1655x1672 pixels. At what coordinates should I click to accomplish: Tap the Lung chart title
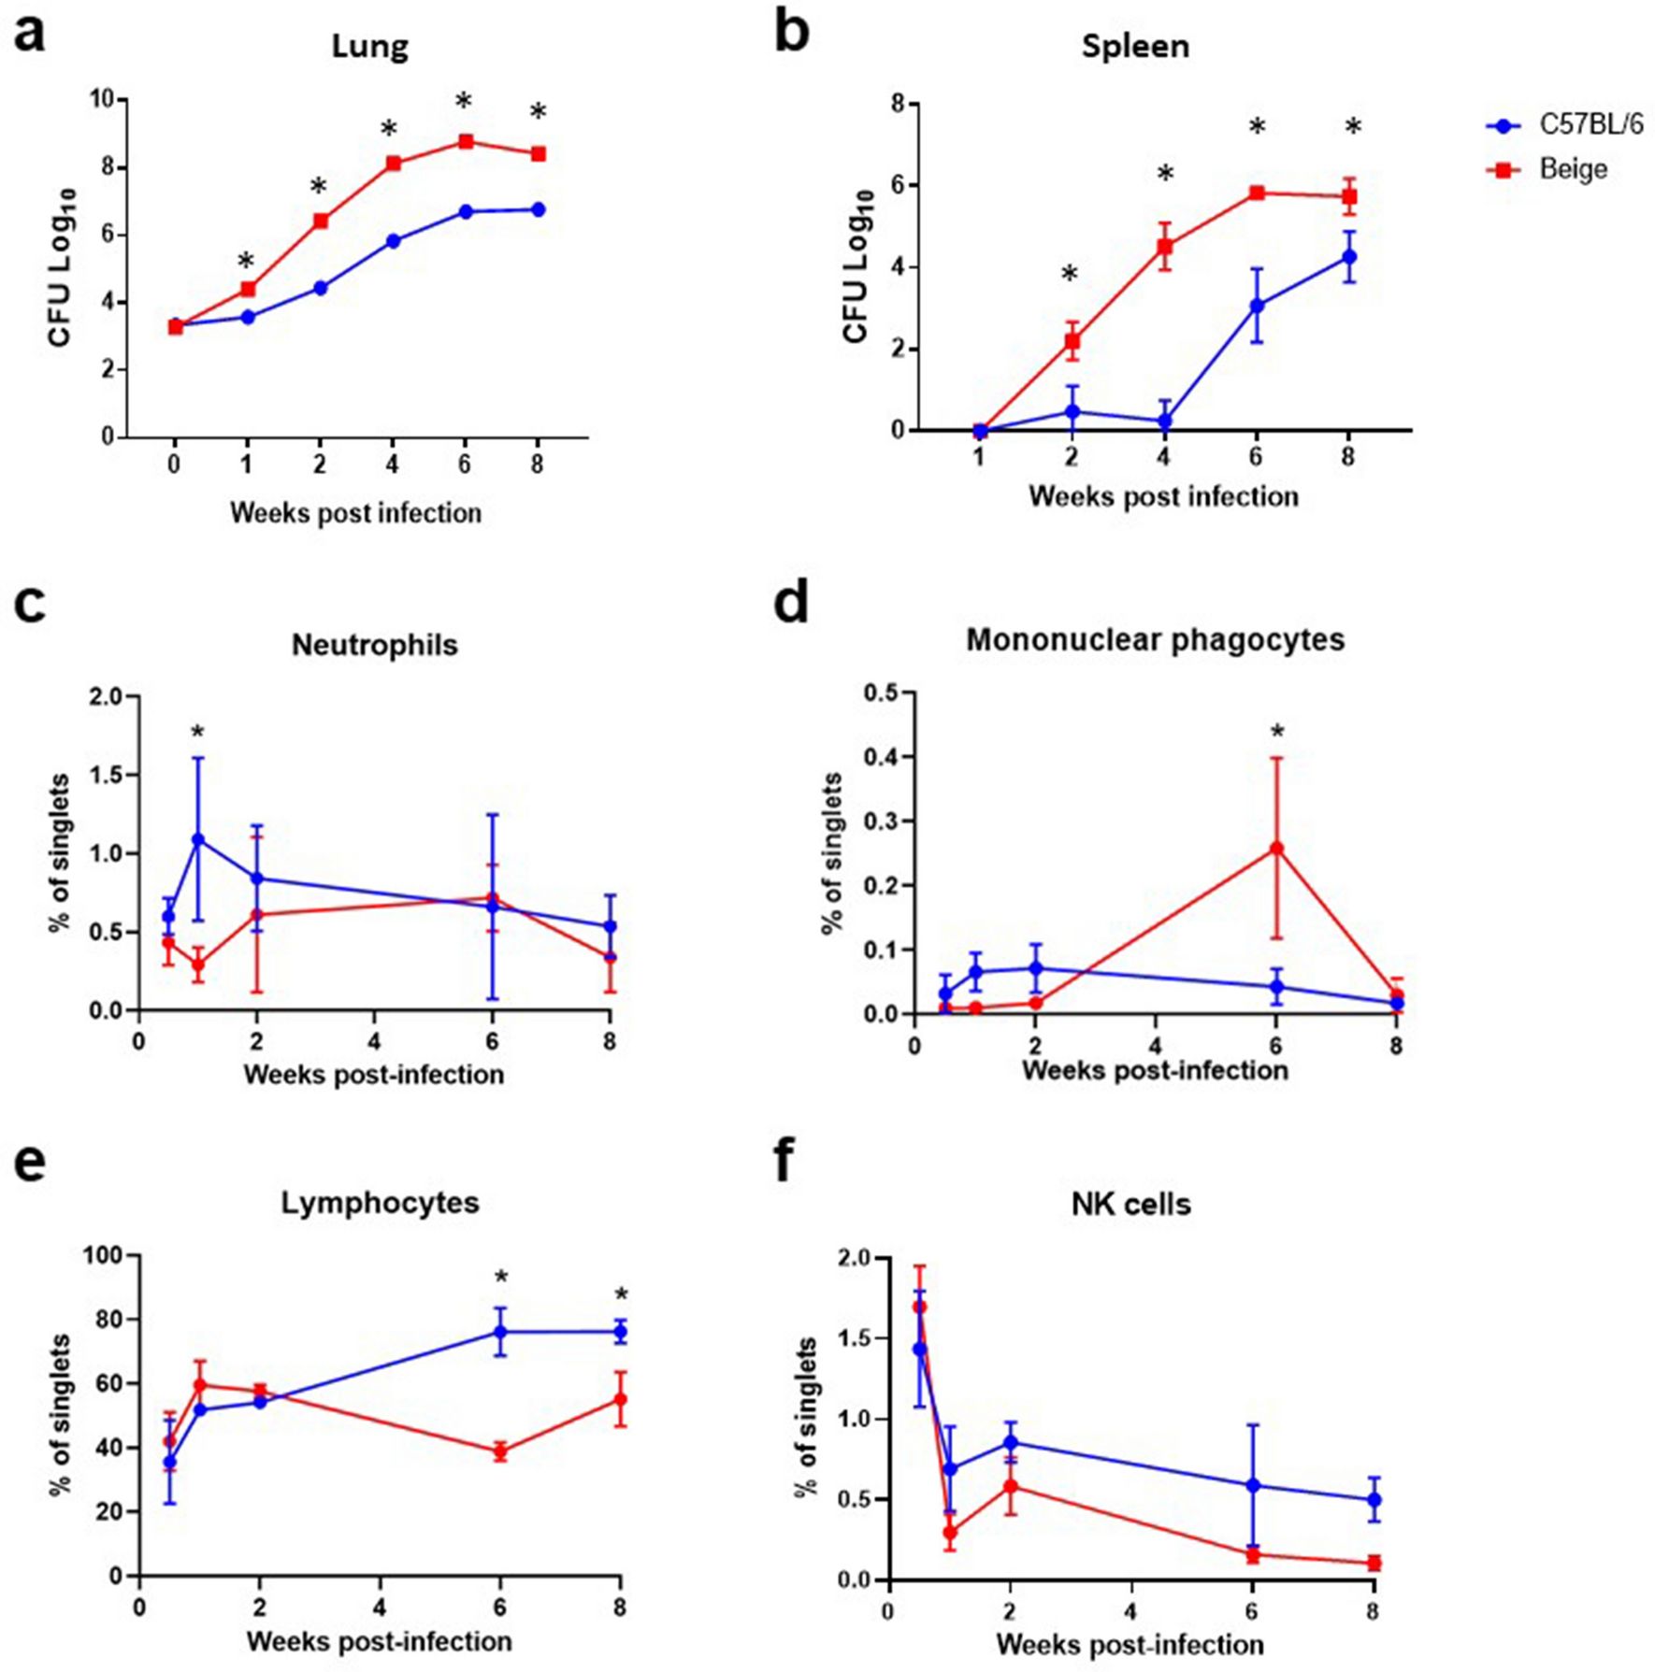(369, 47)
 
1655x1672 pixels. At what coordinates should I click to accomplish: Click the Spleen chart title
(1135, 47)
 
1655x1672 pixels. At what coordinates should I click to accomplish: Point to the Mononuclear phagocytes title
(1155, 640)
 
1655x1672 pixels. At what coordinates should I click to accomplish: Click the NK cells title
(1130, 1204)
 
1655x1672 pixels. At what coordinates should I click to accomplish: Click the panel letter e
(30, 1164)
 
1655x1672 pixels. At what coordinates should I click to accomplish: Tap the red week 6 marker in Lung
(465, 142)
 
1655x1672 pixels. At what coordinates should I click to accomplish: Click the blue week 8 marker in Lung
(538, 210)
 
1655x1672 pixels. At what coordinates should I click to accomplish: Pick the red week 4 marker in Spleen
(1164, 247)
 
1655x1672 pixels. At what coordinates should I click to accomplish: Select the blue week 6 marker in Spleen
(1257, 306)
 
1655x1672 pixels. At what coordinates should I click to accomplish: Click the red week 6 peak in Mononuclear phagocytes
(1276, 849)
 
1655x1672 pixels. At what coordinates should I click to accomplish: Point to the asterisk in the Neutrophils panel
(197, 734)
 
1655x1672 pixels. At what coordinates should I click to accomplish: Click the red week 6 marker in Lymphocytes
(500, 1451)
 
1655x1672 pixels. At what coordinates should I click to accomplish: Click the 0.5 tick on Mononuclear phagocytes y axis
(880, 693)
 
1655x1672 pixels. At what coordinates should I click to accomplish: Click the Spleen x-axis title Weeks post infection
(1163, 496)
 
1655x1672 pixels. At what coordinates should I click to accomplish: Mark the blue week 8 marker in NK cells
(1374, 1500)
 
